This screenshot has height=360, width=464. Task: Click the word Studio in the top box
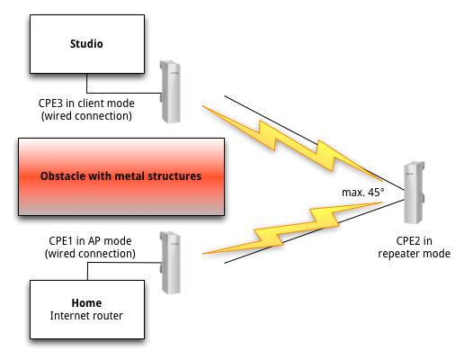point(86,44)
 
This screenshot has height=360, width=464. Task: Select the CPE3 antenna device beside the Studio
point(170,92)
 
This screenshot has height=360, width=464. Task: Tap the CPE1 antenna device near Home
point(170,263)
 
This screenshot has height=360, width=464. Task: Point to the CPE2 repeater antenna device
point(415,193)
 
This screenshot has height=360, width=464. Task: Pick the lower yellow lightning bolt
point(292,229)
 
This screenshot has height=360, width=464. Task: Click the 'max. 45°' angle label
point(363,193)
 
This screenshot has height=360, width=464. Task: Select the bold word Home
point(86,303)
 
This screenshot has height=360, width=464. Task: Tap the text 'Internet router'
point(86,316)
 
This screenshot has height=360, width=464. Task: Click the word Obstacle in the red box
point(59,176)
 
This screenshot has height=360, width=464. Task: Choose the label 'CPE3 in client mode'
point(86,103)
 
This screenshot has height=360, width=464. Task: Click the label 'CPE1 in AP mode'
point(90,241)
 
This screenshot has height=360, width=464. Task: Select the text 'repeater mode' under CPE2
point(414,254)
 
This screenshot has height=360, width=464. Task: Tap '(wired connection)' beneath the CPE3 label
point(86,116)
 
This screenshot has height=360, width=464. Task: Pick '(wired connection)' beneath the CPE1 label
point(90,254)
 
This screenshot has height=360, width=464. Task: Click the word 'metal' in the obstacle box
point(130,176)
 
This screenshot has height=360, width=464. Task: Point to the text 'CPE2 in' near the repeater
point(414,241)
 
